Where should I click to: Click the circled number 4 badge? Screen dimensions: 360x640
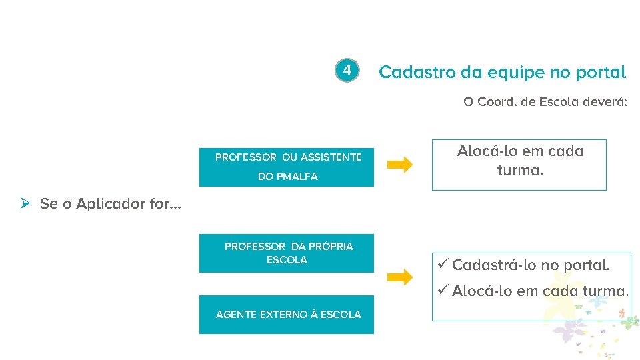pyautogui.click(x=347, y=70)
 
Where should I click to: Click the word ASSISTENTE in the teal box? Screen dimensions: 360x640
pyautogui.click(x=331, y=157)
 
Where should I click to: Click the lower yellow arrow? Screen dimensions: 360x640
pyautogui.click(x=400, y=277)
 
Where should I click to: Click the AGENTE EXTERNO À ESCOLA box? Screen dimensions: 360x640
pyautogui.click(x=286, y=315)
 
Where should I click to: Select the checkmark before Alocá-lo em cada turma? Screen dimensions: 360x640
pyautogui.click(x=442, y=291)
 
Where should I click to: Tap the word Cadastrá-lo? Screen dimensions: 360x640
pyautogui.click(x=493, y=265)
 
